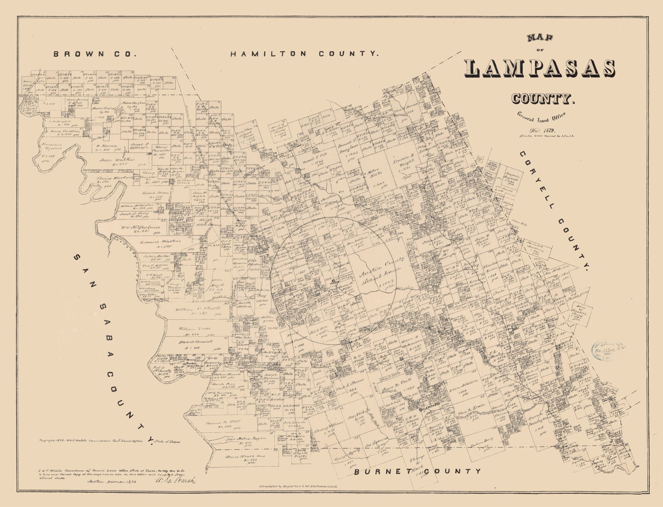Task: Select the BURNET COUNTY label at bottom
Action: click(x=417, y=471)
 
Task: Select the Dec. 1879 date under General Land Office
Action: click(x=547, y=130)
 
